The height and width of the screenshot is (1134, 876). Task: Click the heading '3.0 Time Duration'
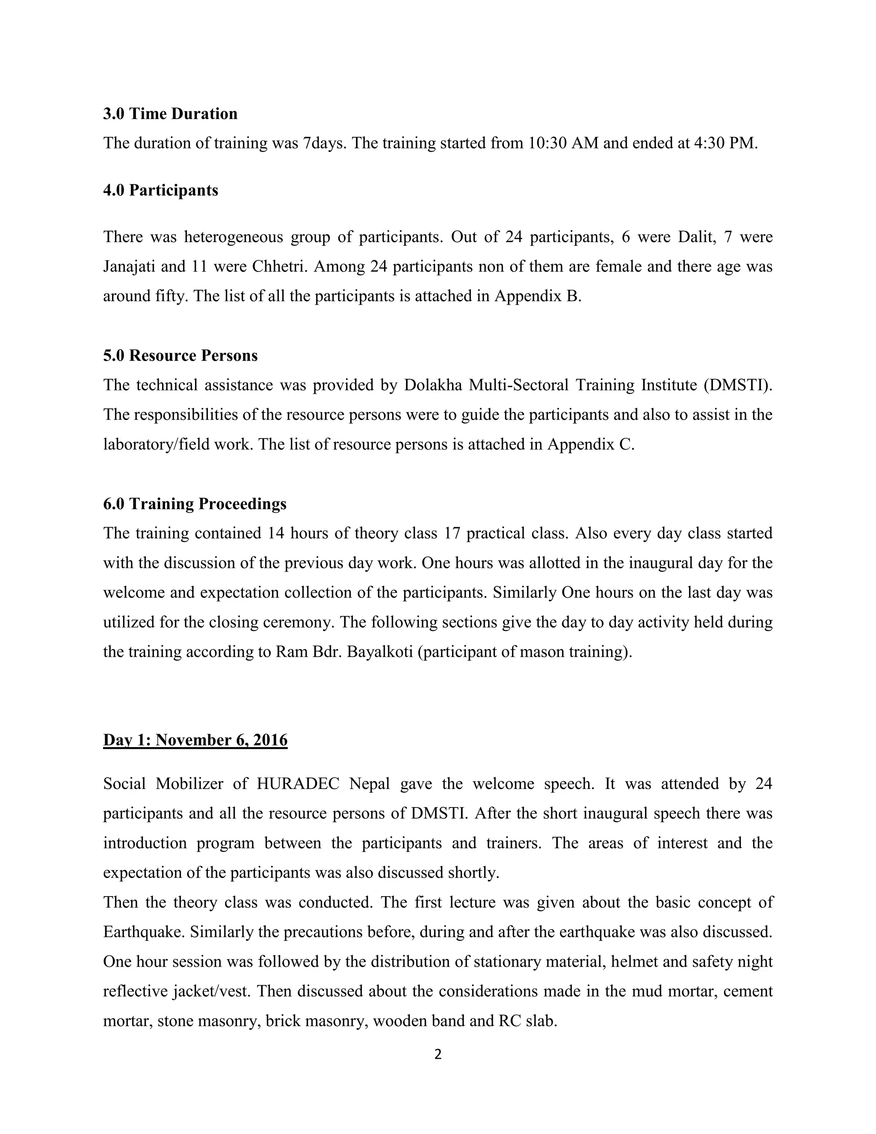tap(170, 114)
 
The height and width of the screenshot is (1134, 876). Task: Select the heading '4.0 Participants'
tap(160, 190)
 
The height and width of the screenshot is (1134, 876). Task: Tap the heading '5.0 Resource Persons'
tap(180, 356)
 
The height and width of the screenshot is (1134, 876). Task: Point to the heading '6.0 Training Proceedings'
tap(195, 504)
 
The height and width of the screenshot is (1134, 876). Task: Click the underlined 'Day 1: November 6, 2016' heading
tap(195, 740)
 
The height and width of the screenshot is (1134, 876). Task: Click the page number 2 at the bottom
tap(438, 1054)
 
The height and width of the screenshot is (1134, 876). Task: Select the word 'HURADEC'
tap(298, 784)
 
